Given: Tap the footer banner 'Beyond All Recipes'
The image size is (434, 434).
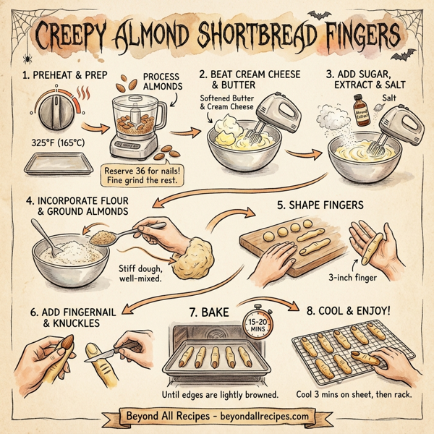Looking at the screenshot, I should point(217,417).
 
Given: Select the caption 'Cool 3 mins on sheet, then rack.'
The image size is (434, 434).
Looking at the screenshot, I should point(354,394).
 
